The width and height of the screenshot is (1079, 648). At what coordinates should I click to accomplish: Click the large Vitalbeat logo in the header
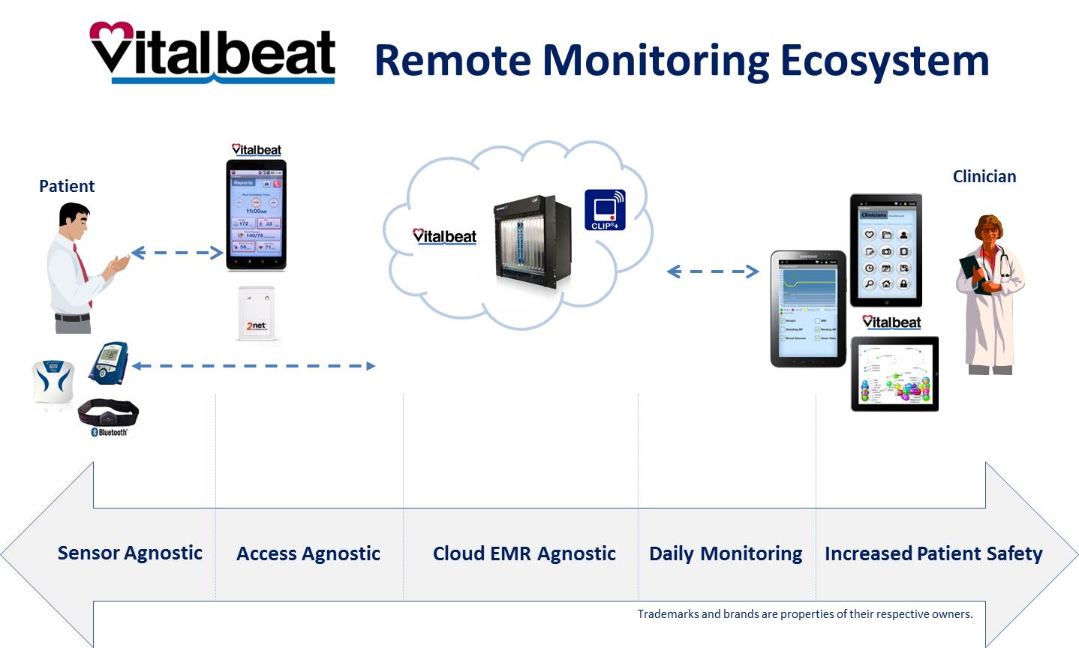(x=212, y=52)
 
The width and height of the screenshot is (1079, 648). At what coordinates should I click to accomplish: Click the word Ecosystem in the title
(x=885, y=61)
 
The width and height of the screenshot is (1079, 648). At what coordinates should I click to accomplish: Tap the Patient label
(x=67, y=186)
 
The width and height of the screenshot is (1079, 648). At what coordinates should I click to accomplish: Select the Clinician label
(x=984, y=176)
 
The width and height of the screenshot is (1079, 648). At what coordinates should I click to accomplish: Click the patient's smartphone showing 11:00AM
(x=256, y=215)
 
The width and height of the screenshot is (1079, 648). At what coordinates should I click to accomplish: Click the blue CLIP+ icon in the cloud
(x=605, y=209)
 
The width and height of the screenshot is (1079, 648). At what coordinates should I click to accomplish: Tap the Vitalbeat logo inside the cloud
(x=444, y=236)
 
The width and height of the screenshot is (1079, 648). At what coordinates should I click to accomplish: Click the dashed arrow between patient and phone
(x=178, y=253)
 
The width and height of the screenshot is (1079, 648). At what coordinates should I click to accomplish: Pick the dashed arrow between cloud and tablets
(x=713, y=271)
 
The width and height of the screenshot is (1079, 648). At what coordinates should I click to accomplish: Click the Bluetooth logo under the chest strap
(x=109, y=433)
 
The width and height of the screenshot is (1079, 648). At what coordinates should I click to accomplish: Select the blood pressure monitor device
(x=110, y=363)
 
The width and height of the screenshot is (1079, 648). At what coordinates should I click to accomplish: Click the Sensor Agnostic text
(x=130, y=553)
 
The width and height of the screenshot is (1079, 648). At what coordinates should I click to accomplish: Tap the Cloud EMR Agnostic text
(x=524, y=553)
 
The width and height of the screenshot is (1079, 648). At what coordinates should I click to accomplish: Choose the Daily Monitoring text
(x=725, y=553)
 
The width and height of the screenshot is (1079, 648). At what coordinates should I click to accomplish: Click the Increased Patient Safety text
(x=933, y=553)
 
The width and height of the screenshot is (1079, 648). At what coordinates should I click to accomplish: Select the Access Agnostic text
(x=308, y=553)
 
